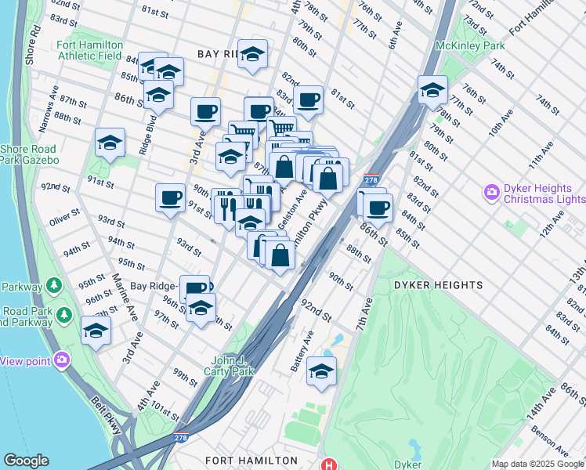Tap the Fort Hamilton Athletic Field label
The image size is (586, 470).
[x=89, y=51]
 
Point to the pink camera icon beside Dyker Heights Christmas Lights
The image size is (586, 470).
[x=492, y=191]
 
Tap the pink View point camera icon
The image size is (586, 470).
[x=62, y=360]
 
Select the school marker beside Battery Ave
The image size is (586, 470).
[x=321, y=372]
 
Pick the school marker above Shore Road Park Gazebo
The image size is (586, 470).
[x=110, y=143]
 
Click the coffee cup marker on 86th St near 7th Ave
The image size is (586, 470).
[x=378, y=208]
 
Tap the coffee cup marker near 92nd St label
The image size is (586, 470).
[x=170, y=198]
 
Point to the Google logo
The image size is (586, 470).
[x=26, y=461]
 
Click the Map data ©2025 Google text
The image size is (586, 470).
[x=537, y=464]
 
